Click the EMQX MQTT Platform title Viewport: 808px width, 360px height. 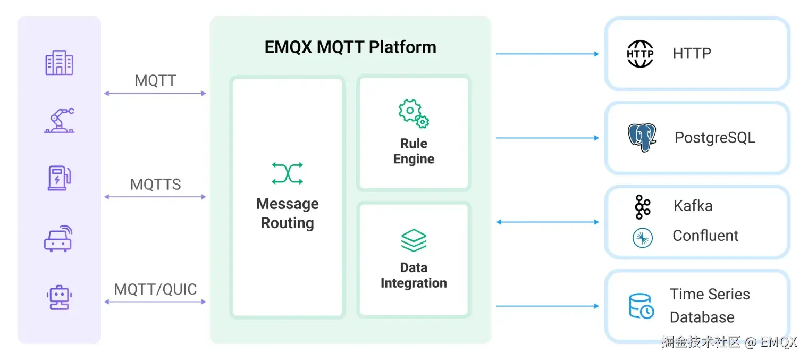(350, 47)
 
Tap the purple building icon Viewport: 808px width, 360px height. (59, 63)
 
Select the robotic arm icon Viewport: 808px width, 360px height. (59, 120)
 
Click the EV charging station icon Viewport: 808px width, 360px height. (59, 178)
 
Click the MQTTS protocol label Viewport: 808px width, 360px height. (155, 185)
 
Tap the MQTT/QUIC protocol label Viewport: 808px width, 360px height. (155, 289)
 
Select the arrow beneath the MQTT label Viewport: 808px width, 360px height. (155, 94)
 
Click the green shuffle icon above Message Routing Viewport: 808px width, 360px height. (287, 173)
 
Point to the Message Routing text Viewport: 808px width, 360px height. (287, 213)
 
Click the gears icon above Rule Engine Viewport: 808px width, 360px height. (414, 113)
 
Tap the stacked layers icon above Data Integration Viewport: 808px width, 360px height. (414, 240)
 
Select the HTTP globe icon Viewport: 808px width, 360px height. (640, 54)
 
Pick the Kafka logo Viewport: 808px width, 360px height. (642, 207)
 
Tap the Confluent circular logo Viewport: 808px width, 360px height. (642, 237)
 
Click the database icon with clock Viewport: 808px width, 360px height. (641, 306)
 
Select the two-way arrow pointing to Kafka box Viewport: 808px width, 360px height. (548, 222)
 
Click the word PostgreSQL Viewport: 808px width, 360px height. (714, 138)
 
